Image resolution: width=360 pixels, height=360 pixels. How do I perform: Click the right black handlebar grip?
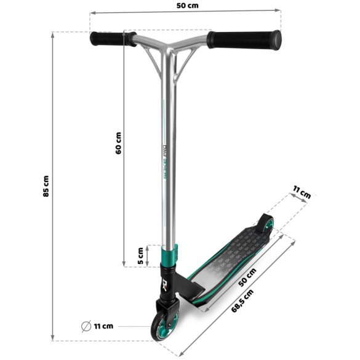[x=244, y=39]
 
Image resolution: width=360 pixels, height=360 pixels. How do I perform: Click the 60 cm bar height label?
[x=118, y=143]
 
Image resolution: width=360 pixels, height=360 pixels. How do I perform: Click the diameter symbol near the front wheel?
[x=87, y=326]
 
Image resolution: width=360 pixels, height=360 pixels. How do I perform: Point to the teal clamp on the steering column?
[x=170, y=254]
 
